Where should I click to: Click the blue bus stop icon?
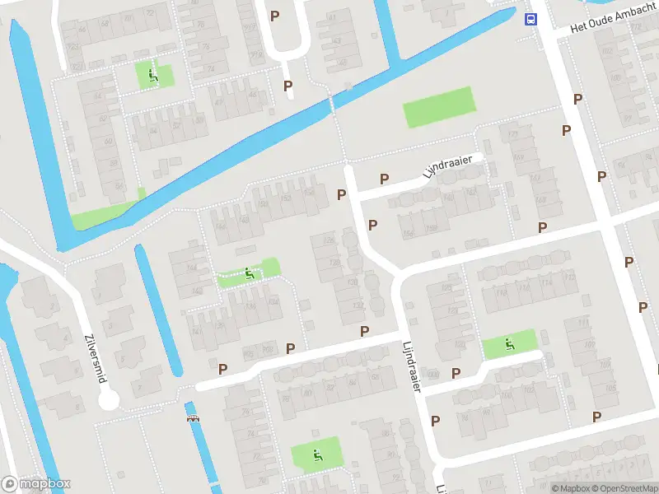(531, 20)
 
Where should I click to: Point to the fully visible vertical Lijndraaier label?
(412, 367)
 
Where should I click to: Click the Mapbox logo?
(36, 483)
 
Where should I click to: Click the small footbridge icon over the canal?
(194, 418)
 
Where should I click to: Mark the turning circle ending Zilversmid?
(109, 401)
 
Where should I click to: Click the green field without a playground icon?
(439, 108)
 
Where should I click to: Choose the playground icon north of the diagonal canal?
(152, 76)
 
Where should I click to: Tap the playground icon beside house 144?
(249, 273)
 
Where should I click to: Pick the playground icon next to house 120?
(510, 344)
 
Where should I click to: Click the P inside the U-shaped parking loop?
(275, 16)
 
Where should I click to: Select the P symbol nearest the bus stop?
(578, 99)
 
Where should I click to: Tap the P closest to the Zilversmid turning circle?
(222, 369)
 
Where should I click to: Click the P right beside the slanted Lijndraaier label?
(384, 179)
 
